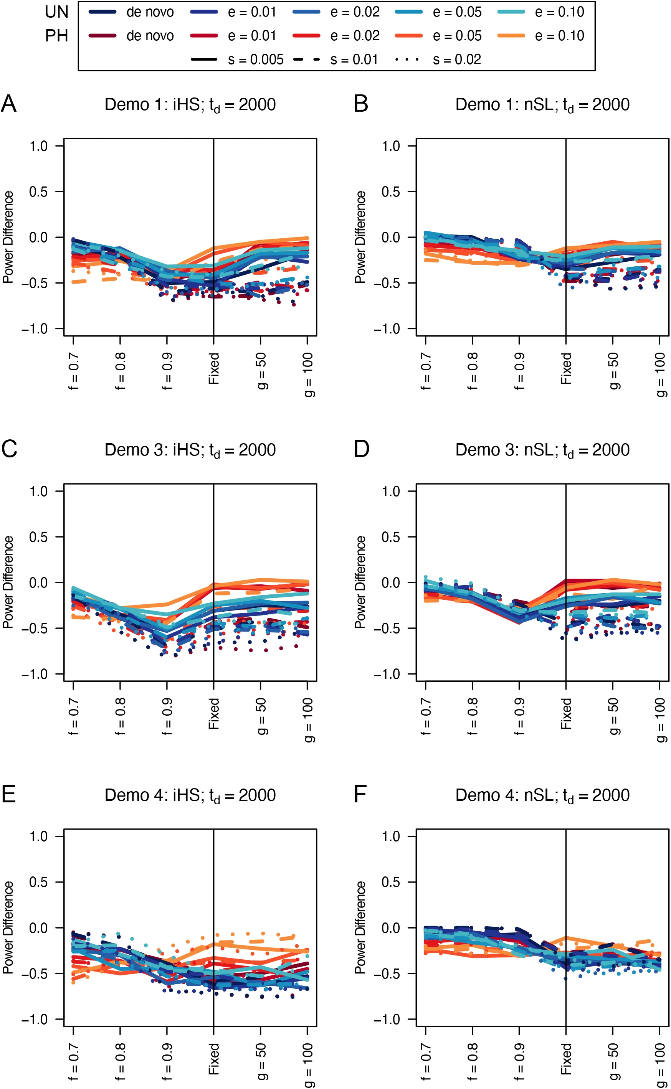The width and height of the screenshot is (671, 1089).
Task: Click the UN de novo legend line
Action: click(102, 12)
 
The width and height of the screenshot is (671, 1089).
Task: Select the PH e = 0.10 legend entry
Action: click(511, 35)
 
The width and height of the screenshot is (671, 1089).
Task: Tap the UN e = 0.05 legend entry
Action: click(409, 12)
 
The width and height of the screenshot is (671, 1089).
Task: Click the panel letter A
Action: click(9, 104)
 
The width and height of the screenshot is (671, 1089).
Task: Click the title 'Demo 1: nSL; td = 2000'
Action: click(542, 105)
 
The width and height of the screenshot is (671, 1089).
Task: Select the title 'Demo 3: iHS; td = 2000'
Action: click(190, 450)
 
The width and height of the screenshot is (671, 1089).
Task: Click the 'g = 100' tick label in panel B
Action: click(660, 375)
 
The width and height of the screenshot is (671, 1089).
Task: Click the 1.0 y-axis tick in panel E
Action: click(39, 837)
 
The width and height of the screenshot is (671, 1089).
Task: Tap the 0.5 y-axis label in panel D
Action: click(391, 537)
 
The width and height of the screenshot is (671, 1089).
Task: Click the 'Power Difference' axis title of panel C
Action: click(8, 582)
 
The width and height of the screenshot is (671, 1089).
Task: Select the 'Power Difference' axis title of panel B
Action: click(360, 237)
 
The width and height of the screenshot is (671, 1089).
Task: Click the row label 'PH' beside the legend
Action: click(57, 36)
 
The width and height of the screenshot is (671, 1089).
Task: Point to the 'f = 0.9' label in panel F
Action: click(519, 1061)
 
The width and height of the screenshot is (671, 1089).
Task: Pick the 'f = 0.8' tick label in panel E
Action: click(120, 1061)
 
